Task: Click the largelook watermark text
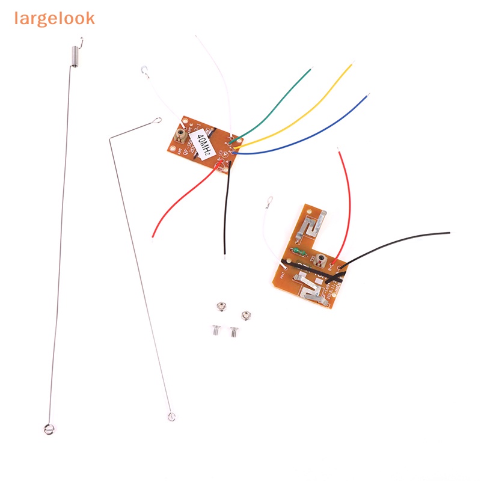[55, 18]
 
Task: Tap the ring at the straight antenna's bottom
[47, 429]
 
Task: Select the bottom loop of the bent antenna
[170, 415]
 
